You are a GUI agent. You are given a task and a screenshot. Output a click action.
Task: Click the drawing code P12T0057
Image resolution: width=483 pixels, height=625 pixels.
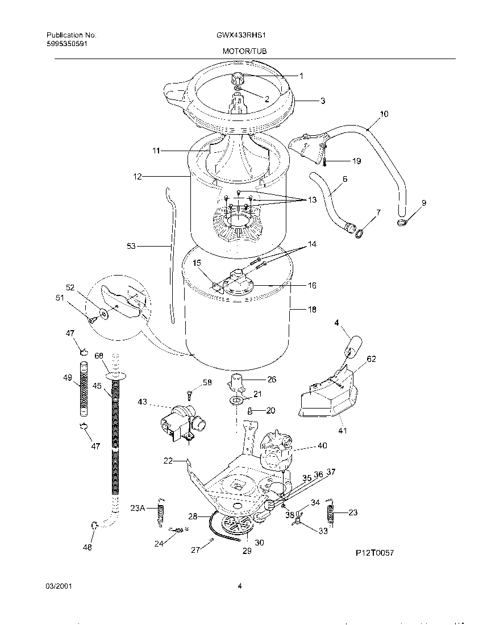pyautogui.click(x=374, y=552)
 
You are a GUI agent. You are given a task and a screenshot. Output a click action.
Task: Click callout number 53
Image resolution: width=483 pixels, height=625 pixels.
pyautogui.click(x=131, y=246)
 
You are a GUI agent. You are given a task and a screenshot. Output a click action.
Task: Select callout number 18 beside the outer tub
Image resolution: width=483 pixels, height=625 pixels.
pyautogui.click(x=312, y=310)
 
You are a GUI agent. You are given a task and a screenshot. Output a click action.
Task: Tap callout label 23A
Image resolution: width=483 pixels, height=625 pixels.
pyautogui.click(x=138, y=508)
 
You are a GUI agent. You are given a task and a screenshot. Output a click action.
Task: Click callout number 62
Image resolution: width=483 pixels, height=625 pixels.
pyautogui.click(x=371, y=359)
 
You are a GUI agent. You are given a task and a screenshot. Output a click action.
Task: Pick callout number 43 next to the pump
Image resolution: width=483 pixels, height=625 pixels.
pyautogui.click(x=141, y=402)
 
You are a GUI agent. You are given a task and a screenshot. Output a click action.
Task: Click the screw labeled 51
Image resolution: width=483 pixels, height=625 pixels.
pyautogui.click(x=90, y=320)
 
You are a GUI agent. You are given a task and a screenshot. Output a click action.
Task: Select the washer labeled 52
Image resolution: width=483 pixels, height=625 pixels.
pyautogui.click(x=103, y=311)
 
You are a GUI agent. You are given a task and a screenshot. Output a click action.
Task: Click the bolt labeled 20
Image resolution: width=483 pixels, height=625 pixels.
pyautogui.click(x=249, y=409)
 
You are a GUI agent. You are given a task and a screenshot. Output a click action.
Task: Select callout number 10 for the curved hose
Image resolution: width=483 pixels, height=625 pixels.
pyautogui.click(x=384, y=114)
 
